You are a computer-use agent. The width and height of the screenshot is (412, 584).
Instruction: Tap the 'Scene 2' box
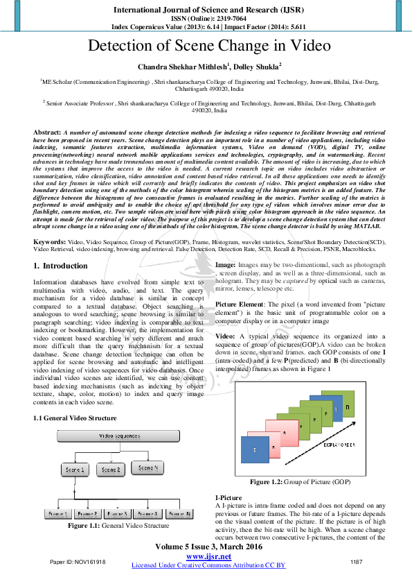(111, 470)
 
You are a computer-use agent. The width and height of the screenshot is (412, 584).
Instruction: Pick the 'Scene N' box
(147, 468)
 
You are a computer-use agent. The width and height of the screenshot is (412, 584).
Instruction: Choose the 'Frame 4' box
(146, 513)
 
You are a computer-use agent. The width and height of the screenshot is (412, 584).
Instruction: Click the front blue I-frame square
(254, 450)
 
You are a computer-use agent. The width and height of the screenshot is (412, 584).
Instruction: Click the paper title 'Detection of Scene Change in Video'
(206, 47)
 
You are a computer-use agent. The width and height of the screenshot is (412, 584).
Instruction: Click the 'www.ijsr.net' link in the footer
(208, 557)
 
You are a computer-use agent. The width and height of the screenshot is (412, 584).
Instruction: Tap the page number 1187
(357, 561)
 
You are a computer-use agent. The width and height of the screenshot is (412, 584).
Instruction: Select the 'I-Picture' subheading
(229, 499)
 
